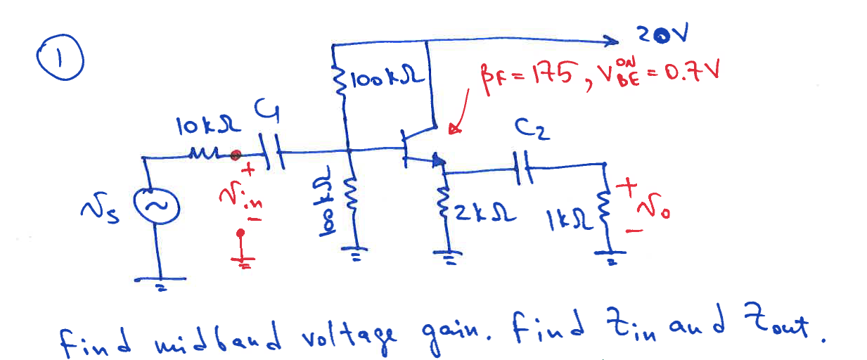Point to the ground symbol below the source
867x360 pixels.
click(162, 282)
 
